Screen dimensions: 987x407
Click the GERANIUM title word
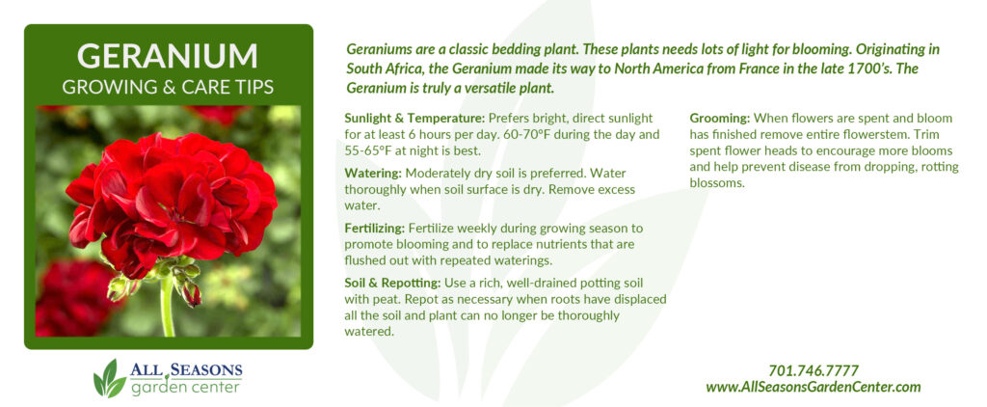pos(168,56)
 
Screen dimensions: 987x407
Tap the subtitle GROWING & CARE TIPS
pos(168,87)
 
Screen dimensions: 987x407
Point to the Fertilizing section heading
pos(375,228)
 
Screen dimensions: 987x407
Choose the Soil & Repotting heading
pos(394,282)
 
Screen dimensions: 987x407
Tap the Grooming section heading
pos(720,119)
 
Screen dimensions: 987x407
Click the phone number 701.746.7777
pos(814,371)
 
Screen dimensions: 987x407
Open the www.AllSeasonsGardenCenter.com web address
pos(814,387)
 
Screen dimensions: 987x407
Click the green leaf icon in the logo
pos(110,379)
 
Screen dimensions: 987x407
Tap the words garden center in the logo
pos(185,386)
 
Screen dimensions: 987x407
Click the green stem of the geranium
pos(167,308)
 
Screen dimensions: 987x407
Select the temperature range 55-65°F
pos(369,151)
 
